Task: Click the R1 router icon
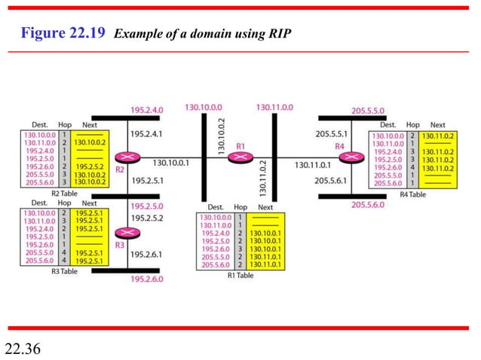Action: tap(240, 157)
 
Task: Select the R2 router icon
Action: tap(123, 157)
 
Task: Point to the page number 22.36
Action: tap(23, 348)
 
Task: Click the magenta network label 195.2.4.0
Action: tap(147, 110)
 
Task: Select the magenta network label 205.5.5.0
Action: tap(367, 110)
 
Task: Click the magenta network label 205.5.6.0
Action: tap(367, 205)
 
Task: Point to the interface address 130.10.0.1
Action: tap(170, 162)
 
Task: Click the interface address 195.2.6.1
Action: tap(146, 255)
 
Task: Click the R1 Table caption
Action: tap(242, 276)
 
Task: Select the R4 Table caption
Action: tap(412, 194)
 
